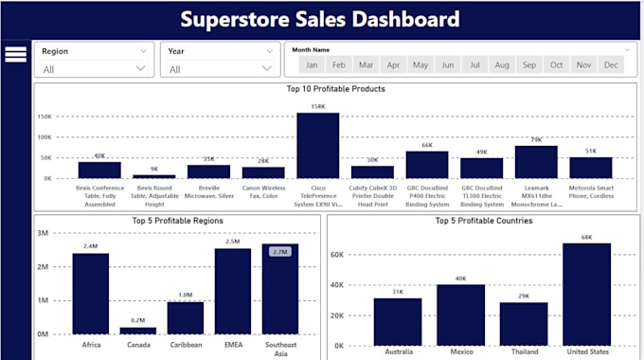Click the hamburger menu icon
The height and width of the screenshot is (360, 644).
[15, 55]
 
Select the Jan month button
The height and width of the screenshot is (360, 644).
[311, 64]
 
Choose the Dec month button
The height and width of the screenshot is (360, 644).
[611, 64]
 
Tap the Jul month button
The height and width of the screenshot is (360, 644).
[474, 64]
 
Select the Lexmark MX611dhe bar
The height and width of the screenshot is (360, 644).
[535, 162]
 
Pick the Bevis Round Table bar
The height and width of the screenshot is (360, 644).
[153, 176]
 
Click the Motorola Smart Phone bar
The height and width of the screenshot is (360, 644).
[590, 168]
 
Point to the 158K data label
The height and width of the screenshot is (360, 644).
[317, 106]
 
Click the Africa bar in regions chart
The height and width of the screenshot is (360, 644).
[91, 294]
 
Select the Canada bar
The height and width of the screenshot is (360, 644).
[138, 331]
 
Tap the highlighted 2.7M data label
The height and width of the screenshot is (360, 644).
[279, 252]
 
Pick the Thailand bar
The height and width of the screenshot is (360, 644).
[524, 323]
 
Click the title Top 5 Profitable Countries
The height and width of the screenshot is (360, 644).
[483, 221]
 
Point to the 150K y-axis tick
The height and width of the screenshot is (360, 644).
[45, 117]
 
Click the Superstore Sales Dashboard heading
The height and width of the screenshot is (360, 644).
[320, 19]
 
